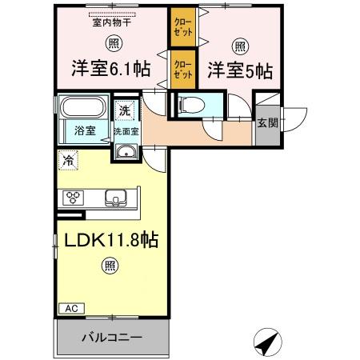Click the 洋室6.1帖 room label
click(111, 69)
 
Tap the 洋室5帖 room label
click(240, 70)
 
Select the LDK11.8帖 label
click(105, 241)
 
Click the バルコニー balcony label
click(111, 338)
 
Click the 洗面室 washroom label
click(126, 131)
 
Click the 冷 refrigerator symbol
click(70, 160)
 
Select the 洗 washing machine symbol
click(125, 110)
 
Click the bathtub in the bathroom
click(84, 108)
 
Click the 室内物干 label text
click(111, 22)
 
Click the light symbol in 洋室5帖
click(240, 44)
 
